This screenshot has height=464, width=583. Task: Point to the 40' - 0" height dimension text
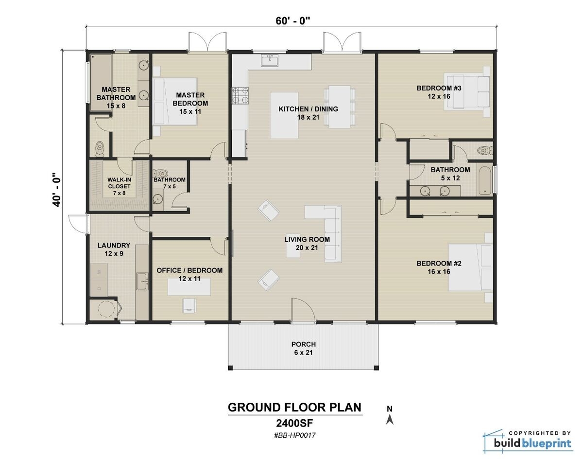pyautogui.click(x=57, y=189)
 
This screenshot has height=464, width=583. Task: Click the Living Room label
pyautogui.click(x=307, y=243)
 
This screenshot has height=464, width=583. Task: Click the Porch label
pyautogui.click(x=304, y=348)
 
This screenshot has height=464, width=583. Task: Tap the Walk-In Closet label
pyautogui.click(x=119, y=186)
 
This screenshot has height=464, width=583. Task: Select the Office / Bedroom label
pyautogui.click(x=189, y=274)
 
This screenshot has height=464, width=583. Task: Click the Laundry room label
pyautogui.click(x=114, y=249)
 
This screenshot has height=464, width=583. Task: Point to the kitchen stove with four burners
pyautogui.click(x=240, y=95)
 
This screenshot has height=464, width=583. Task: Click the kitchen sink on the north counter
pyautogui.click(x=269, y=61)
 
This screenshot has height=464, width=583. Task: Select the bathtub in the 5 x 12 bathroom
pyautogui.click(x=484, y=181)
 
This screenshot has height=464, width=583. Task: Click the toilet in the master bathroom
pyautogui.click(x=100, y=148)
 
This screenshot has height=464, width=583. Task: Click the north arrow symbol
pyautogui.click(x=389, y=416)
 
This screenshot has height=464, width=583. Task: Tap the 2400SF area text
pyautogui.click(x=295, y=423)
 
